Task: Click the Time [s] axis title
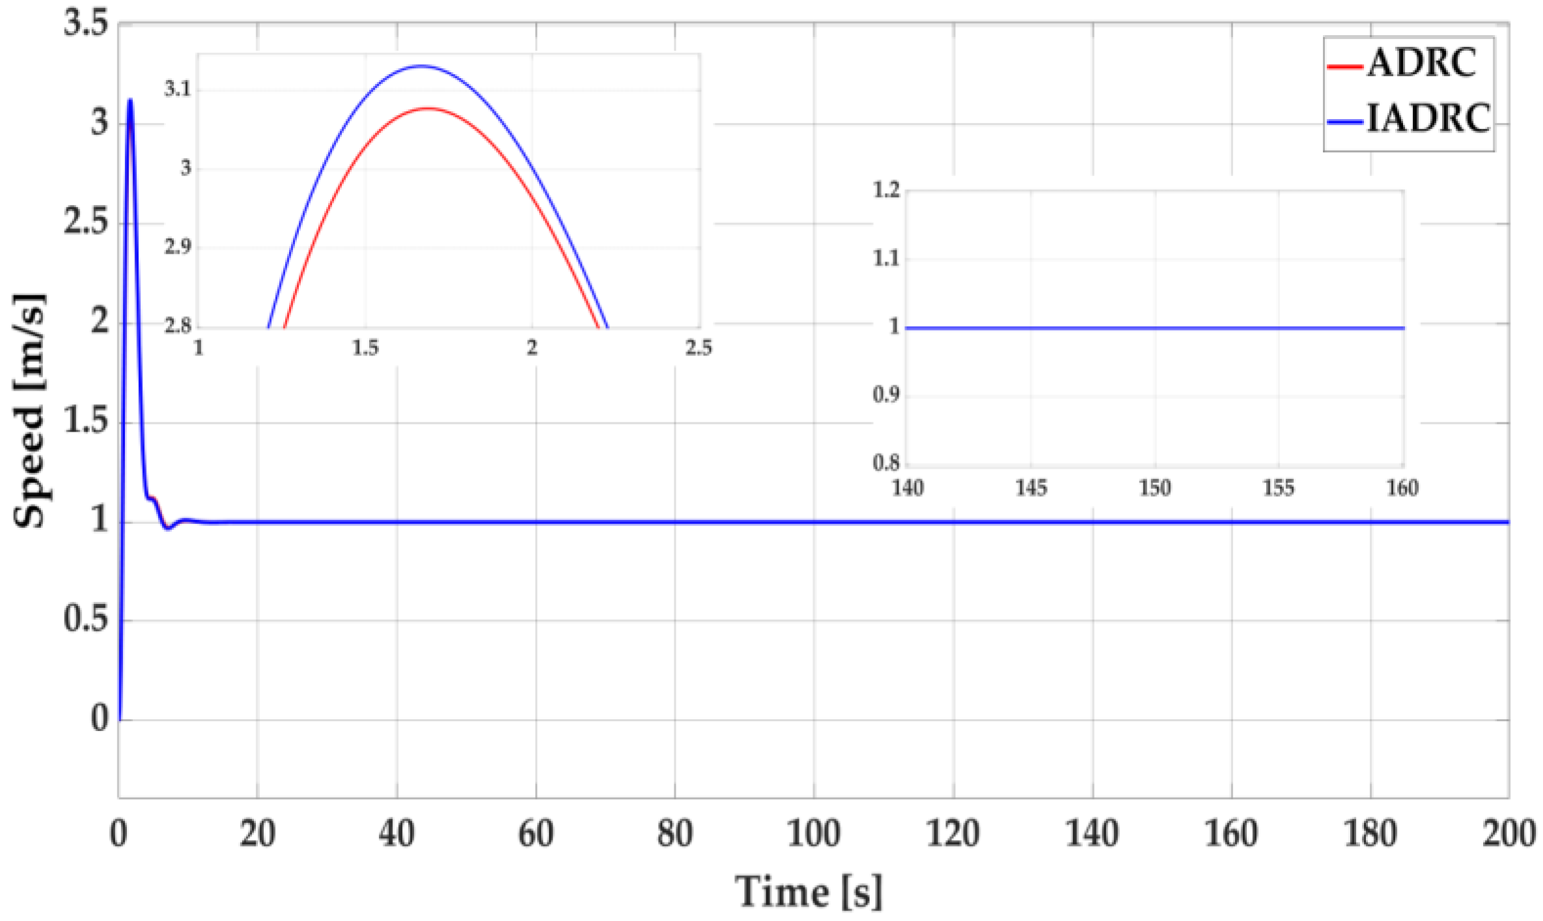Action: (x=809, y=891)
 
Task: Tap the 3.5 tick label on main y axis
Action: (x=86, y=25)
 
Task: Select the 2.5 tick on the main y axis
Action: (x=86, y=223)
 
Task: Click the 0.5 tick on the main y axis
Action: (x=86, y=619)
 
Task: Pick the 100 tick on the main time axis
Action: (x=813, y=834)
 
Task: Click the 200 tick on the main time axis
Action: (x=1508, y=834)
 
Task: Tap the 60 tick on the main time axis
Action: (x=535, y=834)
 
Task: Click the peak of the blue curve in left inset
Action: (x=421, y=66)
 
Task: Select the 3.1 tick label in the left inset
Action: (x=178, y=89)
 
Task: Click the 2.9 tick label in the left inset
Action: (x=178, y=247)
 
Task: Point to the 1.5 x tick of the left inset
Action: (x=365, y=348)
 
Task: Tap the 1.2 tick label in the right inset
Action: (x=886, y=190)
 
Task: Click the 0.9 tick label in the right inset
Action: (x=886, y=394)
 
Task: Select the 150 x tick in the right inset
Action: (x=1155, y=488)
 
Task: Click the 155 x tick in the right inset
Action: (x=1279, y=488)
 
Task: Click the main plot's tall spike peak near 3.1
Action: (x=131, y=100)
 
